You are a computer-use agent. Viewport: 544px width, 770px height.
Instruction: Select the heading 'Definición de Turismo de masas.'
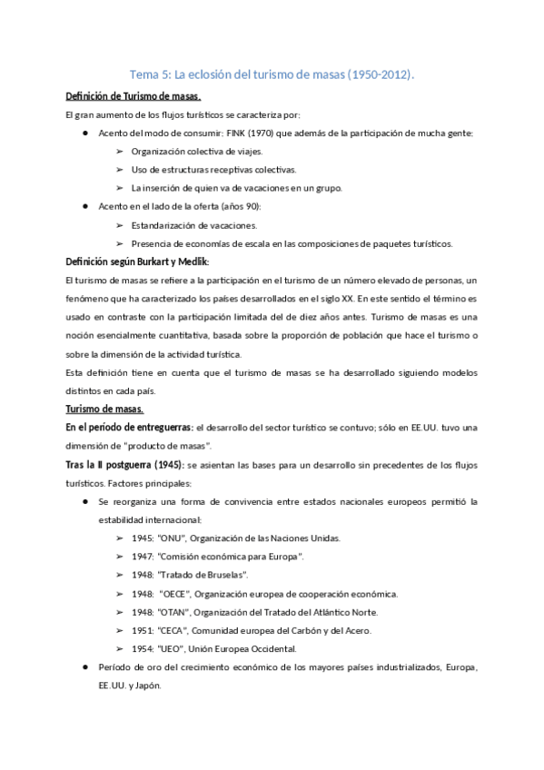pyautogui.click(x=134, y=96)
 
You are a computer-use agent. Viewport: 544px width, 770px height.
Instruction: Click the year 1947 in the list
pyautogui.click(x=142, y=556)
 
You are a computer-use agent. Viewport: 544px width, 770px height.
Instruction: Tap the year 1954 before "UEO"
pyautogui.click(x=142, y=648)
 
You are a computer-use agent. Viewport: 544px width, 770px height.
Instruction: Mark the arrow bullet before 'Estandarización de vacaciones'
pyautogui.click(x=120, y=225)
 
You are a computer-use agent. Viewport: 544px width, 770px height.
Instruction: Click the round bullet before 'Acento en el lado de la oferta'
pyautogui.click(x=84, y=206)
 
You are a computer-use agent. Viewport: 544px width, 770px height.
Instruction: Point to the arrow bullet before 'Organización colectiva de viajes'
pyautogui.click(x=120, y=151)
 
